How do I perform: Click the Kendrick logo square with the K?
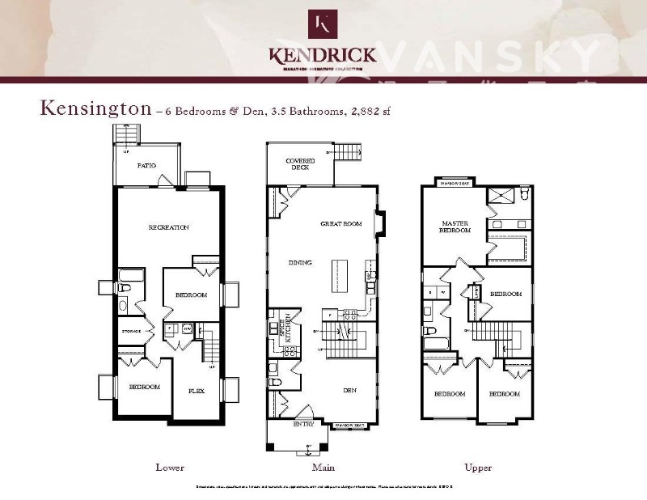323,23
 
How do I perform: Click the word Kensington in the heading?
95,108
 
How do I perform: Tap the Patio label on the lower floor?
146,166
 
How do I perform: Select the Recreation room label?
168,227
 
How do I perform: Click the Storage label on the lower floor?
131,331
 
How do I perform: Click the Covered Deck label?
300,165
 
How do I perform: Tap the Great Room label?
340,223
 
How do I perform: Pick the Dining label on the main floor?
301,262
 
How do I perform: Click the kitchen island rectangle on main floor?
335,277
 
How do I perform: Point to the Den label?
349,391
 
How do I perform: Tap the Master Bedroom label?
455,226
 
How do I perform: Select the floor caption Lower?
170,468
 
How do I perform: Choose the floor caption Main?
323,468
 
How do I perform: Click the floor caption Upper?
478,468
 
